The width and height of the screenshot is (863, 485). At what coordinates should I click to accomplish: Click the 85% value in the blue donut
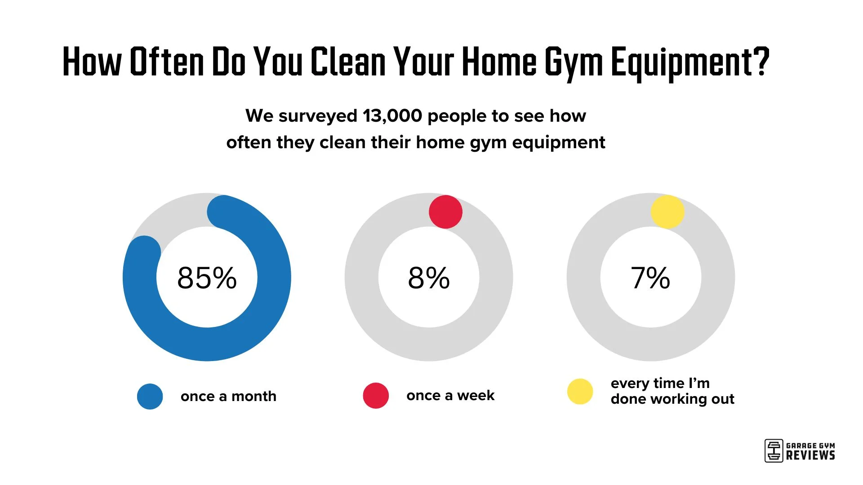tap(207, 278)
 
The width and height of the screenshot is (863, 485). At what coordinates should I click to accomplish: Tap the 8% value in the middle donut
tap(428, 278)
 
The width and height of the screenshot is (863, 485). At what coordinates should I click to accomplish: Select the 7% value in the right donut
tap(650, 278)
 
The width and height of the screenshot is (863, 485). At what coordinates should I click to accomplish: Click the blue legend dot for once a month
tap(150, 396)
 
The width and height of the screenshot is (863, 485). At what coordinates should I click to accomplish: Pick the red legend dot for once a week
tap(376, 395)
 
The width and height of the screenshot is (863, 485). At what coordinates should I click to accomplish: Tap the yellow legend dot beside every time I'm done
tap(580, 391)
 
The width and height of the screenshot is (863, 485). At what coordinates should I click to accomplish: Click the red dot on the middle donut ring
tap(445, 212)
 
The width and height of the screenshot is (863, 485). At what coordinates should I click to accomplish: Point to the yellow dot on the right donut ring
tap(667, 212)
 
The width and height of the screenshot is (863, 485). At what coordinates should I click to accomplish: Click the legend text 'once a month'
tap(228, 396)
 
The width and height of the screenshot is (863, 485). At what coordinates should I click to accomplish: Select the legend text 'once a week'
tap(450, 395)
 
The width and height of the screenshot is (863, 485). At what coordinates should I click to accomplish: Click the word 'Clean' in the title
tap(348, 62)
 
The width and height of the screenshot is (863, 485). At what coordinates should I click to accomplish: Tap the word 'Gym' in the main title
tap(574, 62)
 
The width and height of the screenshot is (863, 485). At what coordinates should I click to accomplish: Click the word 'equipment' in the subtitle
tap(558, 143)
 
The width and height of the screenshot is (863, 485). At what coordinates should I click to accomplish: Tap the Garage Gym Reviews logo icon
tap(774, 450)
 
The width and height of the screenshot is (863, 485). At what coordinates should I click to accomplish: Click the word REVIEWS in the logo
tap(810, 455)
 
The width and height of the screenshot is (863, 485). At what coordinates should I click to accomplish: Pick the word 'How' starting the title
tap(92, 62)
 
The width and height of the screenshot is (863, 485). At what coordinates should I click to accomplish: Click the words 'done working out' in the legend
tap(672, 399)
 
